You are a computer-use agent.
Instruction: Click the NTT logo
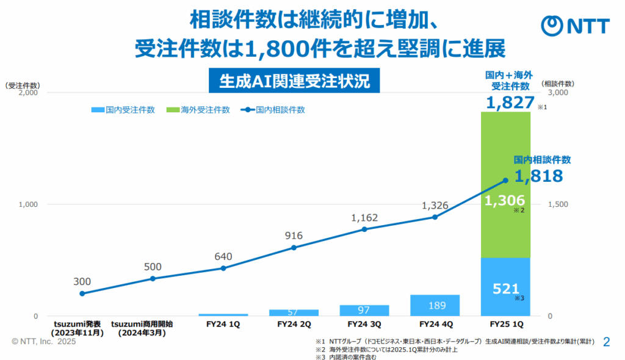coord(576,26)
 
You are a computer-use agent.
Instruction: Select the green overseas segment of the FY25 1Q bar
coord(505,183)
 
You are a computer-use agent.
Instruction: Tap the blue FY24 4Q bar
coord(435,305)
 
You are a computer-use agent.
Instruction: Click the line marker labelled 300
coord(82,293)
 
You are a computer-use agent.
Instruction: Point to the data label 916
coord(294,236)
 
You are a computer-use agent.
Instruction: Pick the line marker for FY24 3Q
coord(364,229)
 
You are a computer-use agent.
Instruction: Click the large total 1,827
coord(510,103)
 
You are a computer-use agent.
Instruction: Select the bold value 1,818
coord(538,177)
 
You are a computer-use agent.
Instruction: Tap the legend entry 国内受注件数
coord(123,110)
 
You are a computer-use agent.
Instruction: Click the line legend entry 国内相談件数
coord(273,110)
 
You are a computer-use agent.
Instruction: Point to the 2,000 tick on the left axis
coord(29,93)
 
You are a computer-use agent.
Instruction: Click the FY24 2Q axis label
coord(294,323)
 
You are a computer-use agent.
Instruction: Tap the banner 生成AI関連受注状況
coord(294,81)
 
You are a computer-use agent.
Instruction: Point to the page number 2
coord(606,342)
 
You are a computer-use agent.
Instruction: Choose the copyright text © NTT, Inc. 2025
coord(43,343)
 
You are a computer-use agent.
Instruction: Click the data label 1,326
coord(435,206)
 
